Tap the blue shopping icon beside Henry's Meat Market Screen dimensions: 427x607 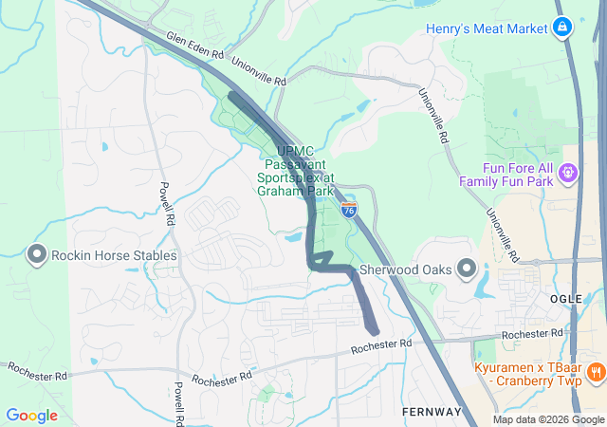click(563, 27)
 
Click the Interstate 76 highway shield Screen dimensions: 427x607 click(349, 210)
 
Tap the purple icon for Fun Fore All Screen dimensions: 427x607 click(568, 173)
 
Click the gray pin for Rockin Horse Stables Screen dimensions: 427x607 click(37, 254)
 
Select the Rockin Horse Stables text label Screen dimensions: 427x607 click(114, 255)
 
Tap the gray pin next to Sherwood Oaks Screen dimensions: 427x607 click(466, 269)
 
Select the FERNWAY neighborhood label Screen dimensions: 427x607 click(431, 412)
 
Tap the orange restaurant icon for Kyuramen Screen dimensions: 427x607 click(595, 371)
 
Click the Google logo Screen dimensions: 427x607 click(31, 415)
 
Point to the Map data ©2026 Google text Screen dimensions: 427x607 click(548, 419)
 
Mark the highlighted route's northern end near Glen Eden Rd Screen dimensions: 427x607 click(233, 97)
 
